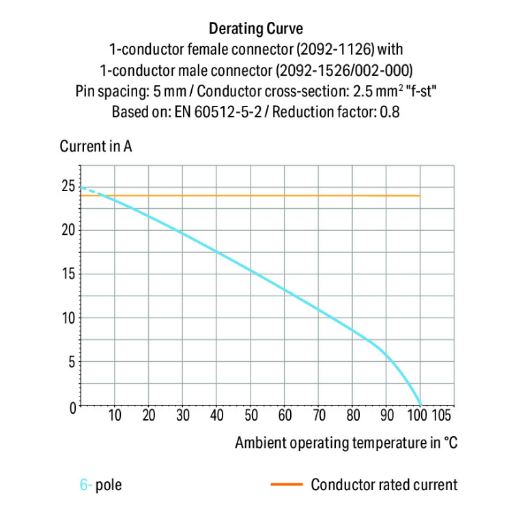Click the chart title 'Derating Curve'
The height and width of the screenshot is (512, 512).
point(255,29)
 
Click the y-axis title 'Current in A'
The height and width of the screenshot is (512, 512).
point(96,147)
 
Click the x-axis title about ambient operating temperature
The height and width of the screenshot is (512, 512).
point(346,442)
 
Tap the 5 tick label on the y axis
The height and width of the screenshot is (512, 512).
point(72,362)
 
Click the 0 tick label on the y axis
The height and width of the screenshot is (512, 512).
point(72,407)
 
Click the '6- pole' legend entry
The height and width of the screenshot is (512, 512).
point(101,485)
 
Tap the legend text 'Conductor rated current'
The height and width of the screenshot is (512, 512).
point(384,485)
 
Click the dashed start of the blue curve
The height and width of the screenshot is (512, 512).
point(89,190)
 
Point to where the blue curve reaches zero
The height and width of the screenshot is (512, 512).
point(419,406)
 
